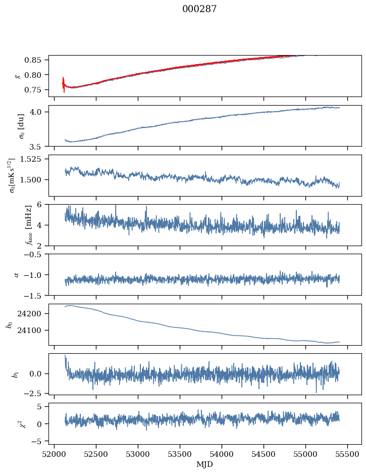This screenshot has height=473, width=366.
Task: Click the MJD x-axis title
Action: pos(204,464)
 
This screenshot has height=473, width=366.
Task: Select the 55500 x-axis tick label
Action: pos(347,453)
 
